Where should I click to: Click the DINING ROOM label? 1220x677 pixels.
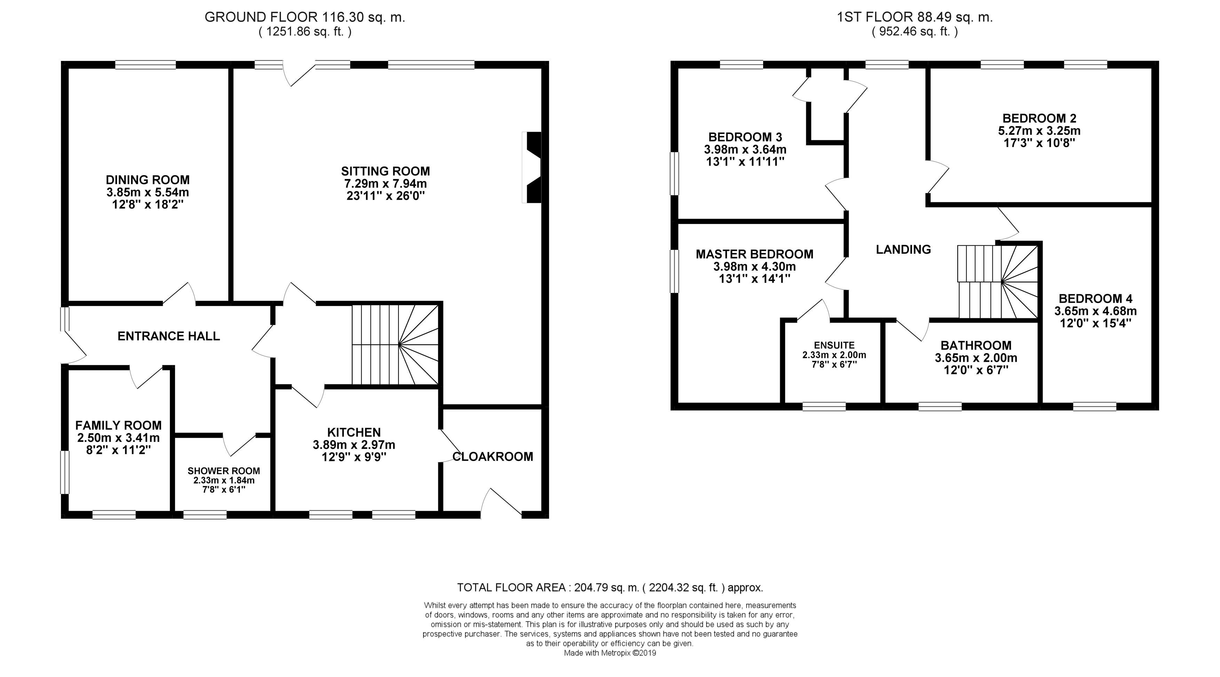click(x=148, y=180)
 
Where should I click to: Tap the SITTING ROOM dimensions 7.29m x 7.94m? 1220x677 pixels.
click(x=386, y=183)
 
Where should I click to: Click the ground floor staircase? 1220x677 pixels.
click(x=395, y=345)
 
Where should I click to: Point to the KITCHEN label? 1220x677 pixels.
click(x=354, y=432)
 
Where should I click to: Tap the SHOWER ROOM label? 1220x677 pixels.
click(x=223, y=471)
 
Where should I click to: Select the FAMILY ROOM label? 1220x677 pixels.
click(x=118, y=425)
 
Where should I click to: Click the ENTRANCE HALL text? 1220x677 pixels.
click(x=169, y=336)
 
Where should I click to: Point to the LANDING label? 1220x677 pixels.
click(x=903, y=249)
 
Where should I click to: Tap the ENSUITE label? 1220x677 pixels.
click(x=834, y=345)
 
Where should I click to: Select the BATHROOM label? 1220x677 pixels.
click(x=976, y=345)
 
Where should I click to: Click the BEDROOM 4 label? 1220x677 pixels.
click(x=1095, y=299)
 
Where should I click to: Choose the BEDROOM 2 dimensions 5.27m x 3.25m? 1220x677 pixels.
click(x=1039, y=130)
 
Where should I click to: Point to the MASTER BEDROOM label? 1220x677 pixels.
click(x=754, y=254)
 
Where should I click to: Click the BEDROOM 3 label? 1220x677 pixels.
click(x=745, y=137)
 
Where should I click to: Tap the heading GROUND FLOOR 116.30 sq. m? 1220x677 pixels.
click(x=305, y=17)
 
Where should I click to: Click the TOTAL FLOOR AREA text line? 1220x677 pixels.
click(x=610, y=588)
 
